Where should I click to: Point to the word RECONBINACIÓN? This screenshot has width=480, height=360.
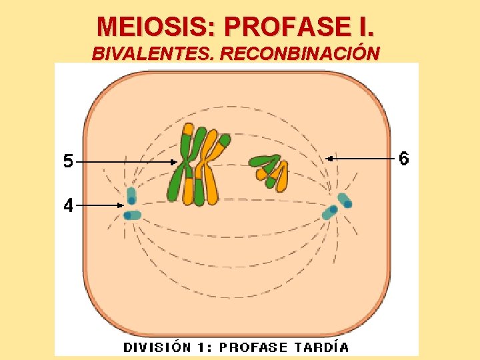click(x=299, y=53)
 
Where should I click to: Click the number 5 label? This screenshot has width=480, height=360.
click(x=69, y=161)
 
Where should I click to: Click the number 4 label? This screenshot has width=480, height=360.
click(x=69, y=206)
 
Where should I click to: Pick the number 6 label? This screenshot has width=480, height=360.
click(x=404, y=159)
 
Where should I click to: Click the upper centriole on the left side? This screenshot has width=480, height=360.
click(x=131, y=196)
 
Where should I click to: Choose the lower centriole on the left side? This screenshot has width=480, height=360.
click(x=132, y=215)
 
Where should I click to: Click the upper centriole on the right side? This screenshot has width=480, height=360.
click(x=344, y=200)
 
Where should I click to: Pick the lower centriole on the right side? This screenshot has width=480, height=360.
click(x=330, y=213)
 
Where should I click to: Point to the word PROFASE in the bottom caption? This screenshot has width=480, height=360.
click(x=253, y=347)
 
